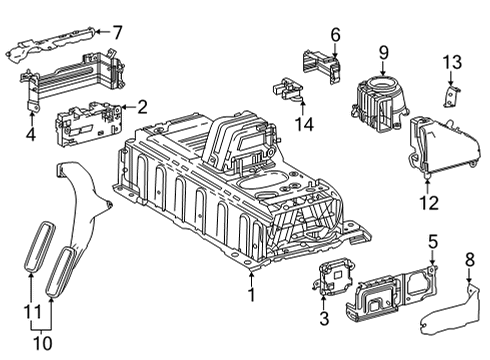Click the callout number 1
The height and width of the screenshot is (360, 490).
(251, 295)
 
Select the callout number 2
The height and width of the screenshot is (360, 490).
(143, 106)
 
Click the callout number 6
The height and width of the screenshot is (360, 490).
(336, 35)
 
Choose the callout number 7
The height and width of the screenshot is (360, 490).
(117, 33)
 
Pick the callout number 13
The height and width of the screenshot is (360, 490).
(453, 63)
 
